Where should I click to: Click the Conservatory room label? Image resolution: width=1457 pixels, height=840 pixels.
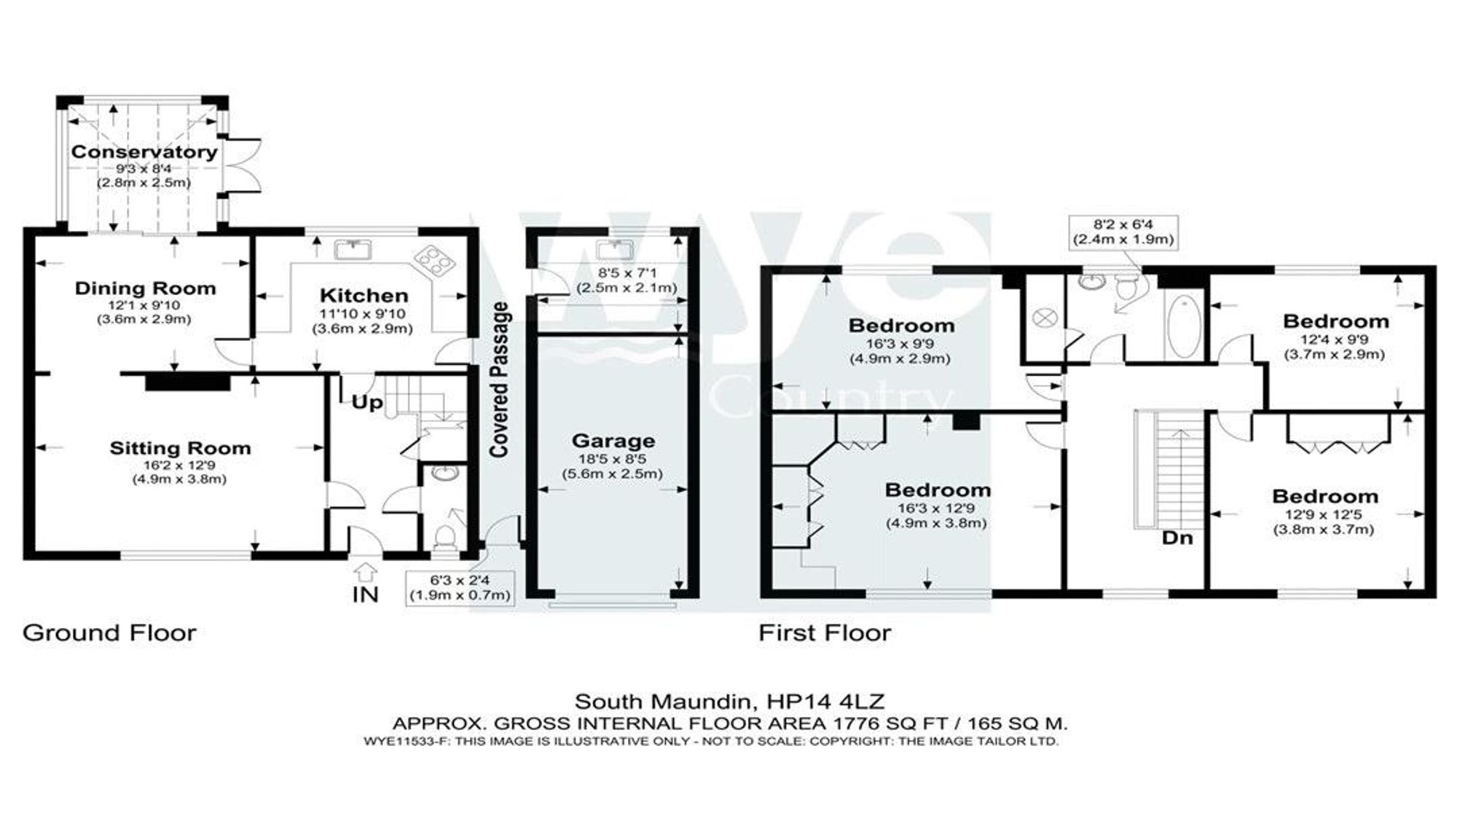click(144, 152)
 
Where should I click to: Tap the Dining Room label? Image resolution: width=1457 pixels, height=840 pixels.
click(145, 288)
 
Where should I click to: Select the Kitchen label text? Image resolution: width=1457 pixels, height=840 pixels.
click(364, 296)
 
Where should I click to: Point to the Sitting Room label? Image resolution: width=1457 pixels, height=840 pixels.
click(180, 448)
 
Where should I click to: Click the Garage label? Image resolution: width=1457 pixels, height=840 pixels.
click(613, 441)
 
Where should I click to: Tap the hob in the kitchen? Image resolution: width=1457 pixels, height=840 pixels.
click(435, 259)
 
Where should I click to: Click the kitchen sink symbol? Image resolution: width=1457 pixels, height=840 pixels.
click(353, 251)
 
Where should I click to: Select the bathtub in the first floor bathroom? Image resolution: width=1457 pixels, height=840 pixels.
click(1184, 327)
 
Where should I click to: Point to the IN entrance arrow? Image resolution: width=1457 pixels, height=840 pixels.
click(366, 571)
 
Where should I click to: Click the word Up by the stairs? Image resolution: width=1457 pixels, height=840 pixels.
click(367, 403)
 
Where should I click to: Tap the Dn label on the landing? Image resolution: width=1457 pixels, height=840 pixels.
click(1177, 539)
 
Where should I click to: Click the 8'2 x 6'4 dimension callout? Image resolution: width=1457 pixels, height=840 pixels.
click(1122, 232)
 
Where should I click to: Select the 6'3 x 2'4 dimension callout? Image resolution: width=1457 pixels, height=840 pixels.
click(460, 588)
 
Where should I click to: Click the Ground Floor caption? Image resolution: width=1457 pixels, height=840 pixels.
click(109, 632)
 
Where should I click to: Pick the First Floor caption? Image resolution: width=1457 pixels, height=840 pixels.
click(824, 632)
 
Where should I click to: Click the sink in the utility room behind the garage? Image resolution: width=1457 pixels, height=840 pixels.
click(613, 251)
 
